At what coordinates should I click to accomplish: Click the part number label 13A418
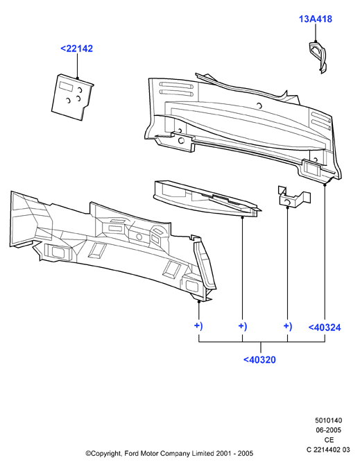coord(316,19)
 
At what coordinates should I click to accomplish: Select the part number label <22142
coord(76,49)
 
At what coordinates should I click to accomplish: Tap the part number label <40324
coord(324,328)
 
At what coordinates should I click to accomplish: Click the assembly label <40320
coord(259,359)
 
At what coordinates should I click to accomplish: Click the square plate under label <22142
coord(72,97)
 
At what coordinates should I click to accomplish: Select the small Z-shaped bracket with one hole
coord(294,197)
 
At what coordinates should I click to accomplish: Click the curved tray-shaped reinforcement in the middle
coord(206,198)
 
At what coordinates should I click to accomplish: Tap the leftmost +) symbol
coord(198,326)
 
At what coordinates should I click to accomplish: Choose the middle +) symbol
coord(243,326)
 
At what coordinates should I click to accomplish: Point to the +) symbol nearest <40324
coord(288,326)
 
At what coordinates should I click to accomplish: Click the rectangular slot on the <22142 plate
coord(65,86)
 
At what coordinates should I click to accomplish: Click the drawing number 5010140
coord(328,421)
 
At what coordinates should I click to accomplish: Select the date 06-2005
coord(328,430)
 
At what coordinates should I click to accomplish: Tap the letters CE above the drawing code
coord(329,440)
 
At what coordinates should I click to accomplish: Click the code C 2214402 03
coord(328,450)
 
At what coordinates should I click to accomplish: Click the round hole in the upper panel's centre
coord(259,105)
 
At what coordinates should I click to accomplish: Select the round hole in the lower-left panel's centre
coord(139,237)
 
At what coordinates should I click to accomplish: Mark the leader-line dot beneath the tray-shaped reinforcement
coord(242,218)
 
